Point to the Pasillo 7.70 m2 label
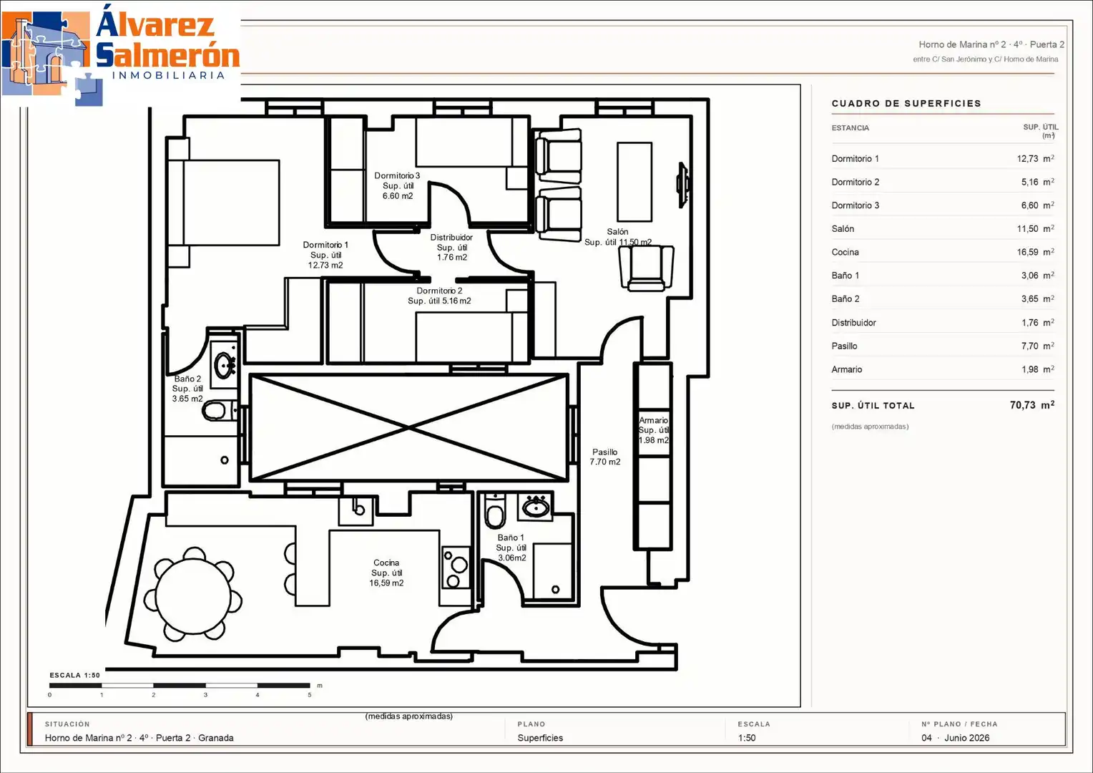click(x=604, y=457)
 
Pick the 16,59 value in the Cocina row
click(x=1028, y=253)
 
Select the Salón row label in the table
click(x=843, y=229)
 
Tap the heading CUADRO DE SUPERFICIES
click(x=906, y=104)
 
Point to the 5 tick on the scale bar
click(x=309, y=695)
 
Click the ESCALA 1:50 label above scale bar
click(x=74, y=676)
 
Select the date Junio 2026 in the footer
click(x=966, y=738)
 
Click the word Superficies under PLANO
click(x=540, y=738)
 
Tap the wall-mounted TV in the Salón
click(x=682, y=185)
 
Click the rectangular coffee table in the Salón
click(x=634, y=182)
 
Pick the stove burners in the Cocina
click(x=455, y=568)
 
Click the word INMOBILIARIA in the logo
click(x=168, y=75)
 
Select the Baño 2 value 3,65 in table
click(x=1029, y=299)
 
